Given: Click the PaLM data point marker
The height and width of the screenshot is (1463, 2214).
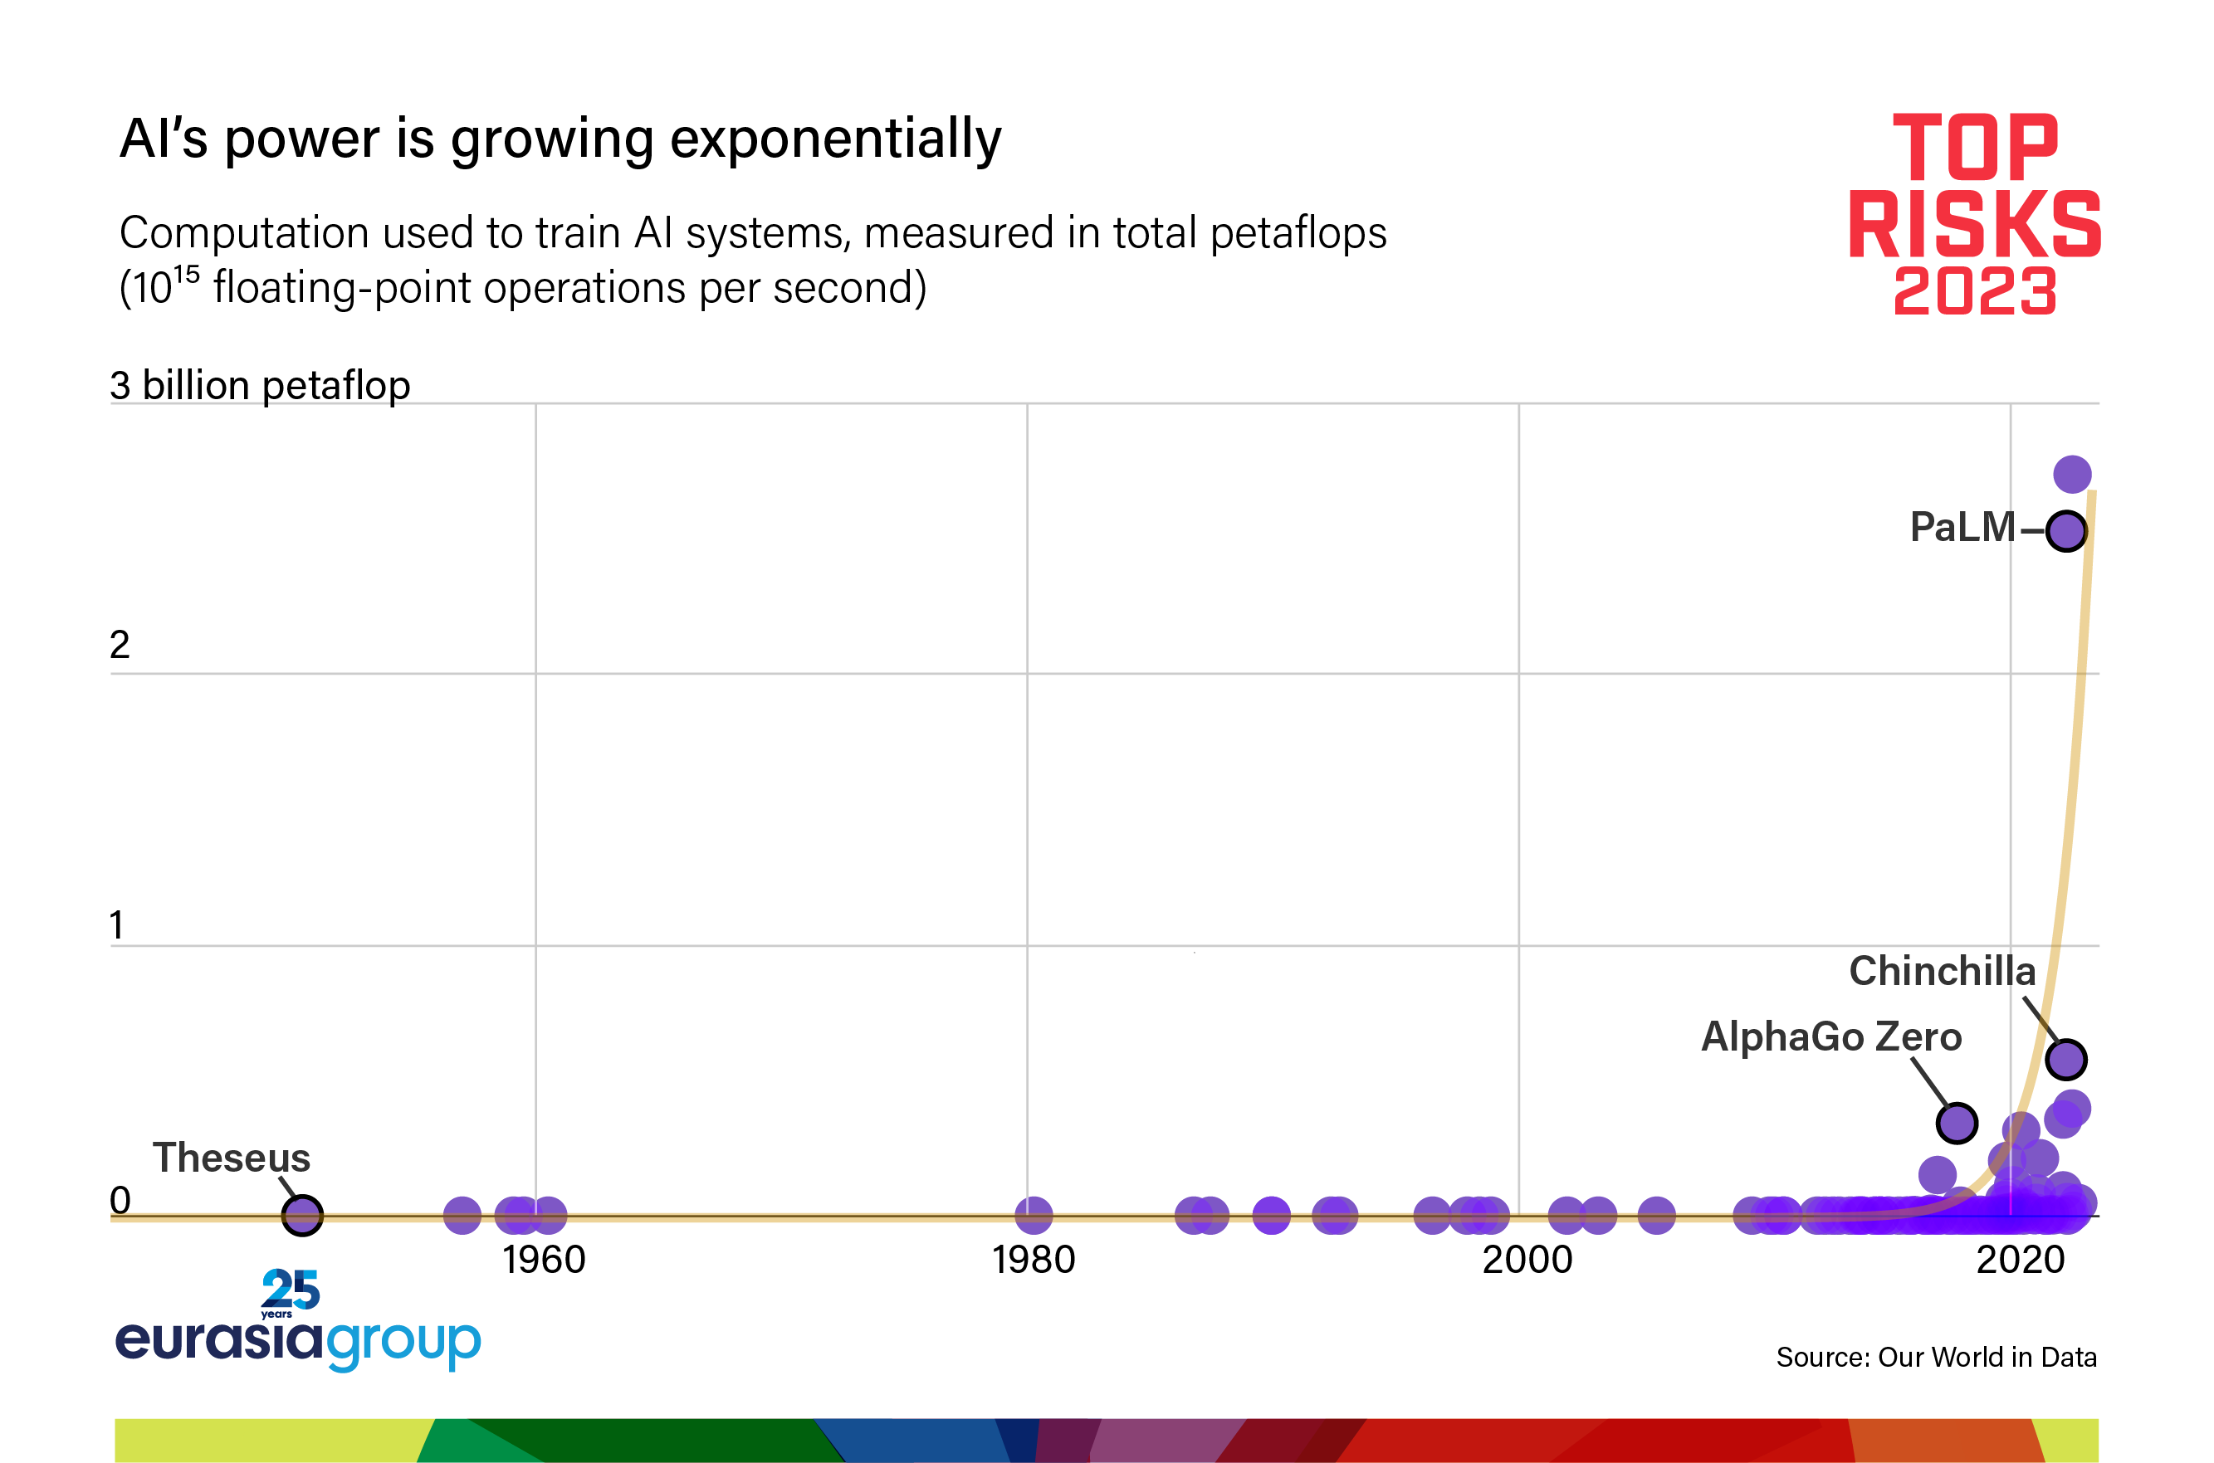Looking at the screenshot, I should coord(2065,531).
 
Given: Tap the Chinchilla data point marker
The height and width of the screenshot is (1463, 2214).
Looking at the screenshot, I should coord(2065,1059).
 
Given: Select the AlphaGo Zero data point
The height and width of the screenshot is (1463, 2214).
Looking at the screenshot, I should coord(1957,1123).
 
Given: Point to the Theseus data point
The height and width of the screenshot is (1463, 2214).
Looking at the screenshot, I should coord(301,1215).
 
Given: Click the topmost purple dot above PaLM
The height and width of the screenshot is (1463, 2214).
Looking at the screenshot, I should coord(2072,474).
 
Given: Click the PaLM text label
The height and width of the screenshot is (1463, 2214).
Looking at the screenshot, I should coord(1962,527).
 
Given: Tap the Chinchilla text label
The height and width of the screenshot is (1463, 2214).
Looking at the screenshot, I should coord(1942,971).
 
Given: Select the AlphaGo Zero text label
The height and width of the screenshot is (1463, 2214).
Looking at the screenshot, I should coord(1830,1036).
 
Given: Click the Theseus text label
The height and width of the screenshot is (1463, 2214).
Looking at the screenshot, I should coord(232,1158).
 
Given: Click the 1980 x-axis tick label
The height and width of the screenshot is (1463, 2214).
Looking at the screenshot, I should coord(1034,1261).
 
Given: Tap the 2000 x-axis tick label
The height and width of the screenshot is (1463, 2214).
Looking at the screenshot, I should coord(1527,1261).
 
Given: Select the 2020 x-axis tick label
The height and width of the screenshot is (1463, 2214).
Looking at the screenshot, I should coord(2020,1261).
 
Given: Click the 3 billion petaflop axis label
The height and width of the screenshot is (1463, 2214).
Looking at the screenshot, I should coord(260,385).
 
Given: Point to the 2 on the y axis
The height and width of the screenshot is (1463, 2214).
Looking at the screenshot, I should coord(120,645).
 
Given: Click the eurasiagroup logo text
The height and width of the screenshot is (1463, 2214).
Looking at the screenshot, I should coord(297,1340).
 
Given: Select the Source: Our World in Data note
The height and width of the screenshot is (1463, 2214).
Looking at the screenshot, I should coord(1936,1357).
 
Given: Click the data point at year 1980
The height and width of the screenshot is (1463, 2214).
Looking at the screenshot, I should coord(1034,1215).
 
